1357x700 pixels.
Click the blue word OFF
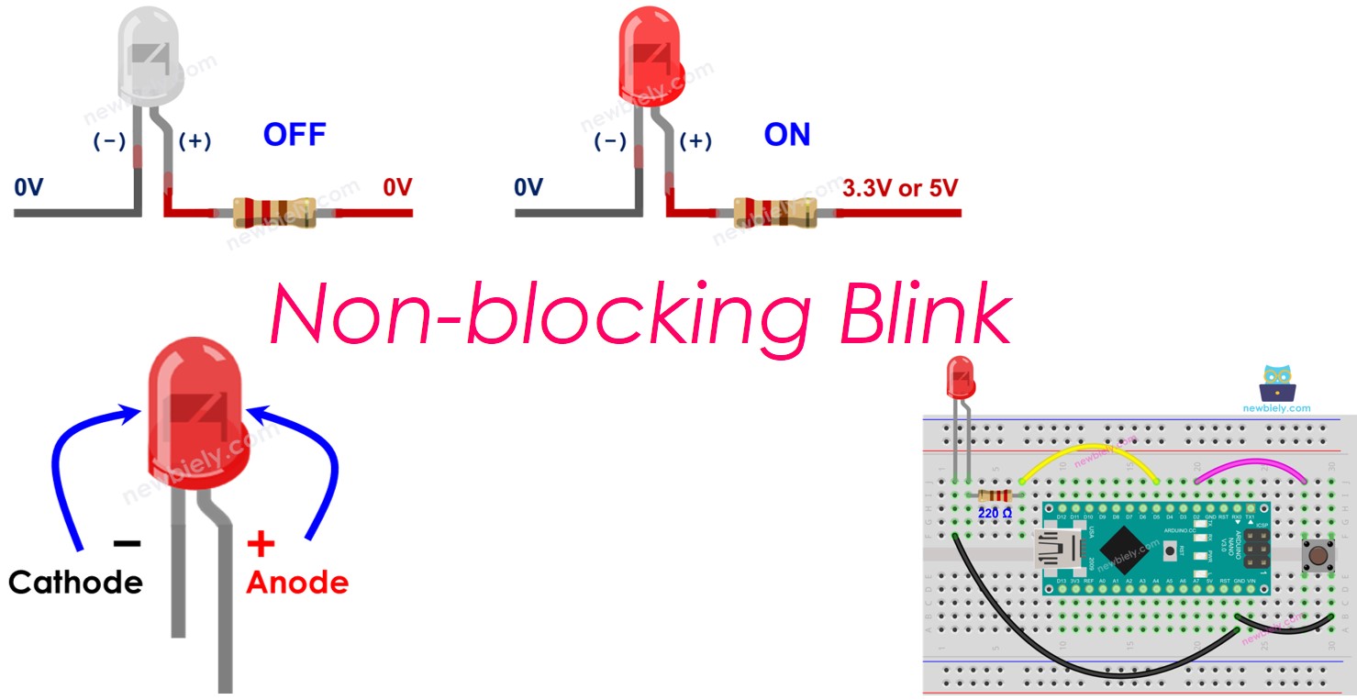pyautogui.click(x=295, y=135)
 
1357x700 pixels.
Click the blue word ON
pyautogui.click(x=787, y=135)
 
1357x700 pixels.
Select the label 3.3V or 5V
pyautogui.click(x=899, y=188)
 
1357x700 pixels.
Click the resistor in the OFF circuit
pyautogui.click(x=273, y=212)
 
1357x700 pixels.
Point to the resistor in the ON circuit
pyautogui.click(x=773, y=212)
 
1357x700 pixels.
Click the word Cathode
pyautogui.click(x=75, y=582)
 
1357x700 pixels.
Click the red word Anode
pyautogui.click(x=297, y=582)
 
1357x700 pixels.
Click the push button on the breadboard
pyautogui.click(x=1318, y=555)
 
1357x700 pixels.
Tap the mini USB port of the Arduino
pyautogui.click(x=1056, y=552)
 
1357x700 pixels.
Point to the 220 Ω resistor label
pyautogui.click(x=995, y=513)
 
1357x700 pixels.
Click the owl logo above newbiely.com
pyautogui.click(x=1277, y=383)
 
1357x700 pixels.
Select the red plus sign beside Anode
pyautogui.click(x=261, y=545)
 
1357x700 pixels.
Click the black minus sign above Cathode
pyautogui.click(x=127, y=543)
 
